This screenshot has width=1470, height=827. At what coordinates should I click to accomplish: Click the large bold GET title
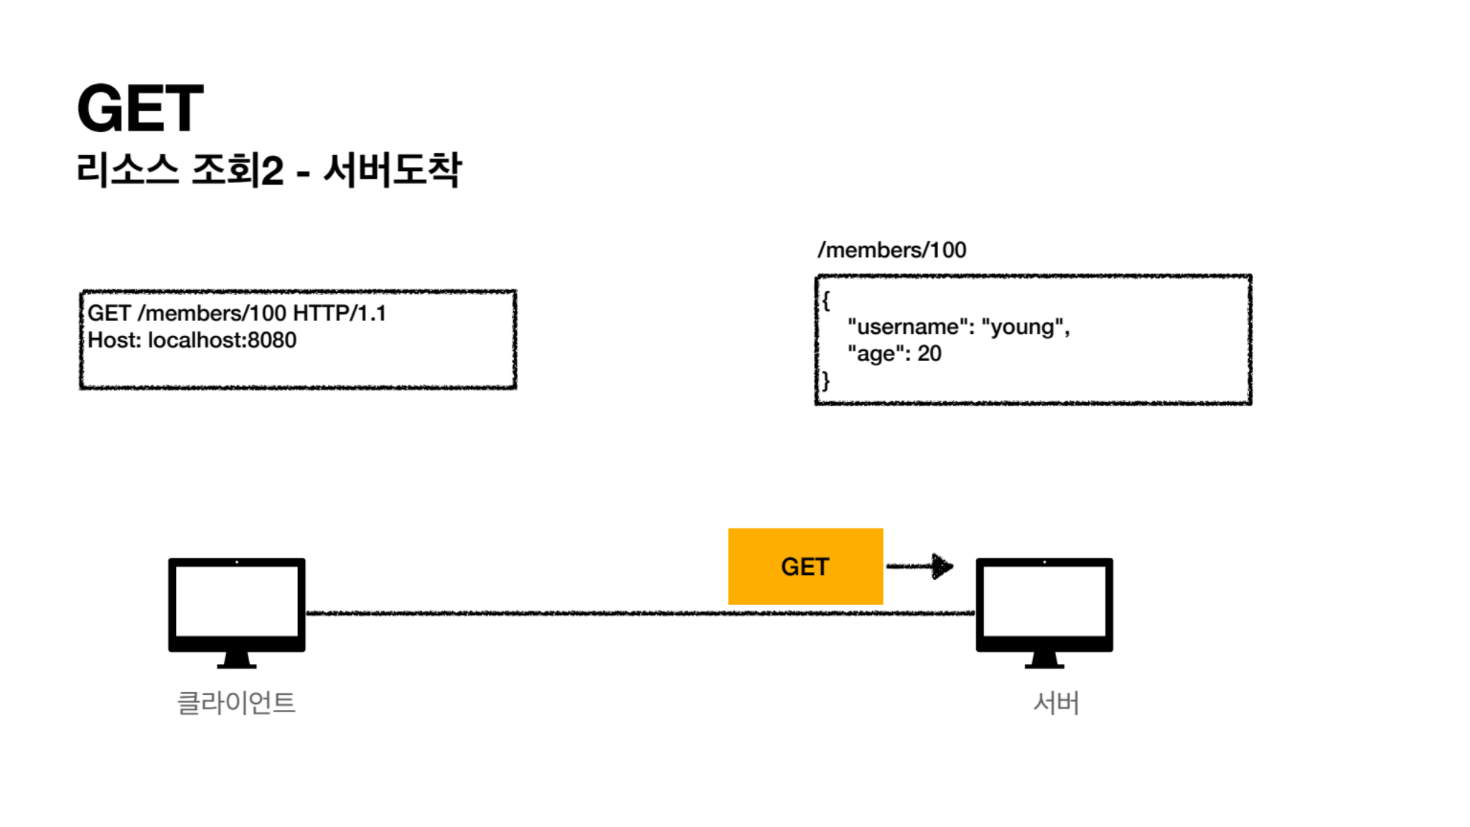pyautogui.click(x=140, y=108)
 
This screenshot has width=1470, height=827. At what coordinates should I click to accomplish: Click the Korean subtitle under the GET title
pyautogui.click(x=269, y=171)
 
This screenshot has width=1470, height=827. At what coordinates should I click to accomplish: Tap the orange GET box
pyautogui.click(x=805, y=566)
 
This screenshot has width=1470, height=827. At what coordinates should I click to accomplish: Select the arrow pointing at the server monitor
pyautogui.click(x=921, y=566)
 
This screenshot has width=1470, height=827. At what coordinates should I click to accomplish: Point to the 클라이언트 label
pyautogui.click(x=236, y=703)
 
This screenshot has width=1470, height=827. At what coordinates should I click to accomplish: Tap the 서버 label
pyautogui.click(x=1056, y=703)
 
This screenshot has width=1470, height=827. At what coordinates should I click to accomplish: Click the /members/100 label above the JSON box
pyautogui.click(x=891, y=250)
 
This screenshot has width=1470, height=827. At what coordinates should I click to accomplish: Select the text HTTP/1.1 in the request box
pyautogui.click(x=340, y=313)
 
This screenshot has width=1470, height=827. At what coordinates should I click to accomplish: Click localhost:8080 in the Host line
pyautogui.click(x=222, y=340)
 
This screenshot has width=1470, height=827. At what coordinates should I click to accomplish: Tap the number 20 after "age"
pyautogui.click(x=929, y=353)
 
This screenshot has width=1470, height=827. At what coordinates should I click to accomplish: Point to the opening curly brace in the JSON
pyautogui.click(x=826, y=300)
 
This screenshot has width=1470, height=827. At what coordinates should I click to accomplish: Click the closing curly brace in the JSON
pyautogui.click(x=826, y=380)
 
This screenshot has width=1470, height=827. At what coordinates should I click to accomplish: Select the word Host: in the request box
pyautogui.click(x=114, y=340)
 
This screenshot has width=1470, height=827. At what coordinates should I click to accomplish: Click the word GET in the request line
pyautogui.click(x=109, y=313)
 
